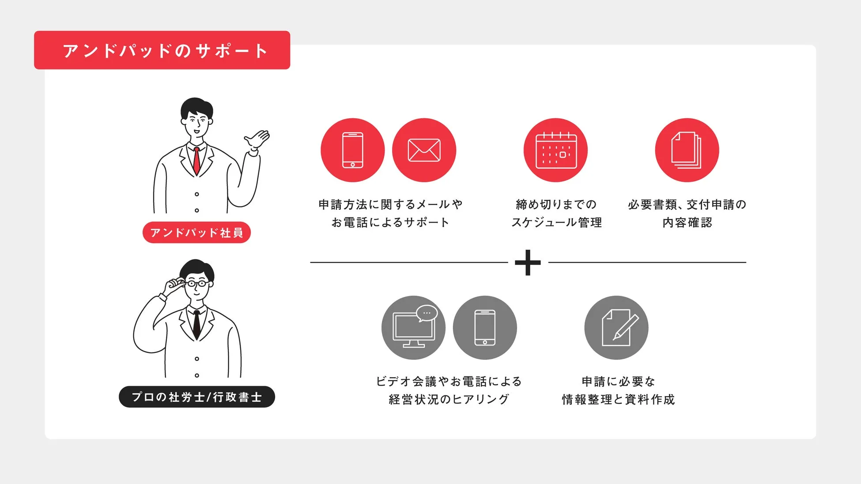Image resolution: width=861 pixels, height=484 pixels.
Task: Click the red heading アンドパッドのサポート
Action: (x=162, y=50)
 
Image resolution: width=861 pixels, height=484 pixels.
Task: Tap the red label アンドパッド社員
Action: (x=196, y=233)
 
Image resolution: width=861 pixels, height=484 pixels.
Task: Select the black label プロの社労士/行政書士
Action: (x=197, y=397)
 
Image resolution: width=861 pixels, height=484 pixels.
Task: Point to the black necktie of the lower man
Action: (x=196, y=324)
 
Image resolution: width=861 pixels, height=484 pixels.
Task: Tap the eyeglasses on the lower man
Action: (x=197, y=283)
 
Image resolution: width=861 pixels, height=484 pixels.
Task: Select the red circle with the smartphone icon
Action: (x=352, y=150)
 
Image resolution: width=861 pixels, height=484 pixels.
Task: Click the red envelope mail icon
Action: (x=424, y=150)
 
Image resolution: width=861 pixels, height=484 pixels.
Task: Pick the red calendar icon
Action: (x=555, y=150)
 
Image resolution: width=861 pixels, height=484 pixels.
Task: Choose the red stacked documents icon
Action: (x=687, y=150)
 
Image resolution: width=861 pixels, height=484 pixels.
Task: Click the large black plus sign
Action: (x=528, y=263)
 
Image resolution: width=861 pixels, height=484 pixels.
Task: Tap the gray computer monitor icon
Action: (x=413, y=328)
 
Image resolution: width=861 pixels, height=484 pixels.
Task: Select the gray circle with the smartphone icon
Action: (x=485, y=328)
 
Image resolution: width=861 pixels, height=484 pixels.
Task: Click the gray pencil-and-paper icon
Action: (x=616, y=328)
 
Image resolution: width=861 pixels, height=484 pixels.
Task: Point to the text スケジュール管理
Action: (x=556, y=222)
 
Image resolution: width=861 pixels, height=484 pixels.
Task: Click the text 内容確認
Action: (x=687, y=222)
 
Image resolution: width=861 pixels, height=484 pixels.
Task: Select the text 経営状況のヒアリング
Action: (x=449, y=399)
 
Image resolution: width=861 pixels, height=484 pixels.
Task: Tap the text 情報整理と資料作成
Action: (x=618, y=399)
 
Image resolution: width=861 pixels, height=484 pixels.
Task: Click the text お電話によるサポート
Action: (x=390, y=222)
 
